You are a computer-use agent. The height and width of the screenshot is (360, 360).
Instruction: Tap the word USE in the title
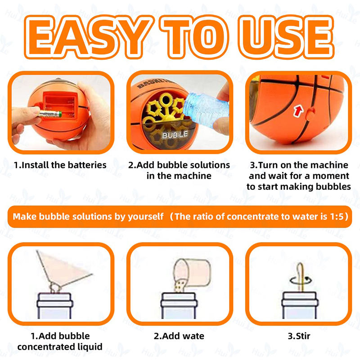coord(286,37)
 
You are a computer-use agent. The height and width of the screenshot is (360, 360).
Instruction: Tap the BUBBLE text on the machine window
coord(175,135)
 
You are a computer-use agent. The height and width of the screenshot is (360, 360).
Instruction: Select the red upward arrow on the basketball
coord(298,111)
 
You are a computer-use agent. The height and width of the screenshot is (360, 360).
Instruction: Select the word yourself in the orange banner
coord(145,216)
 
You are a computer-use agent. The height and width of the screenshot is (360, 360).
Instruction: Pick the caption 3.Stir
coord(299,336)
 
